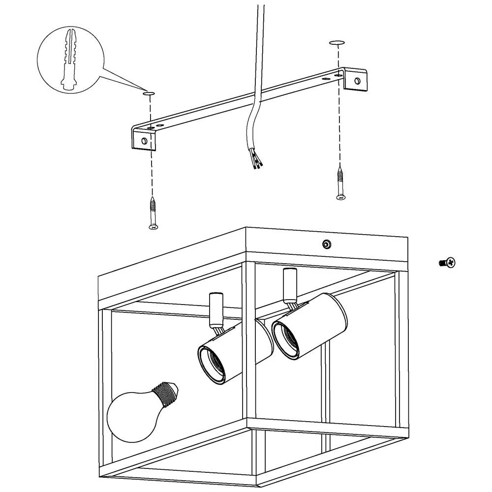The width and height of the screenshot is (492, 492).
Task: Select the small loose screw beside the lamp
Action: pyautogui.click(x=447, y=263)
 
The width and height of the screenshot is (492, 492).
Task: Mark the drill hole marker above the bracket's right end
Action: pyautogui.click(x=337, y=43)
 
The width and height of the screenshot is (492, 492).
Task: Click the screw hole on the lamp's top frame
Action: pyautogui.click(x=326, y=244)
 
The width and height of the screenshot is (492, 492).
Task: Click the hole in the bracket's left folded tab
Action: pyautogui.click(x=144, y=141)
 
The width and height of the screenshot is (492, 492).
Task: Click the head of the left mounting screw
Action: pyautogui.click(x=153, y=226)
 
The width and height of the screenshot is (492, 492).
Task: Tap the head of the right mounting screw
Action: pyautogui.click(x=339, y=197)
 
